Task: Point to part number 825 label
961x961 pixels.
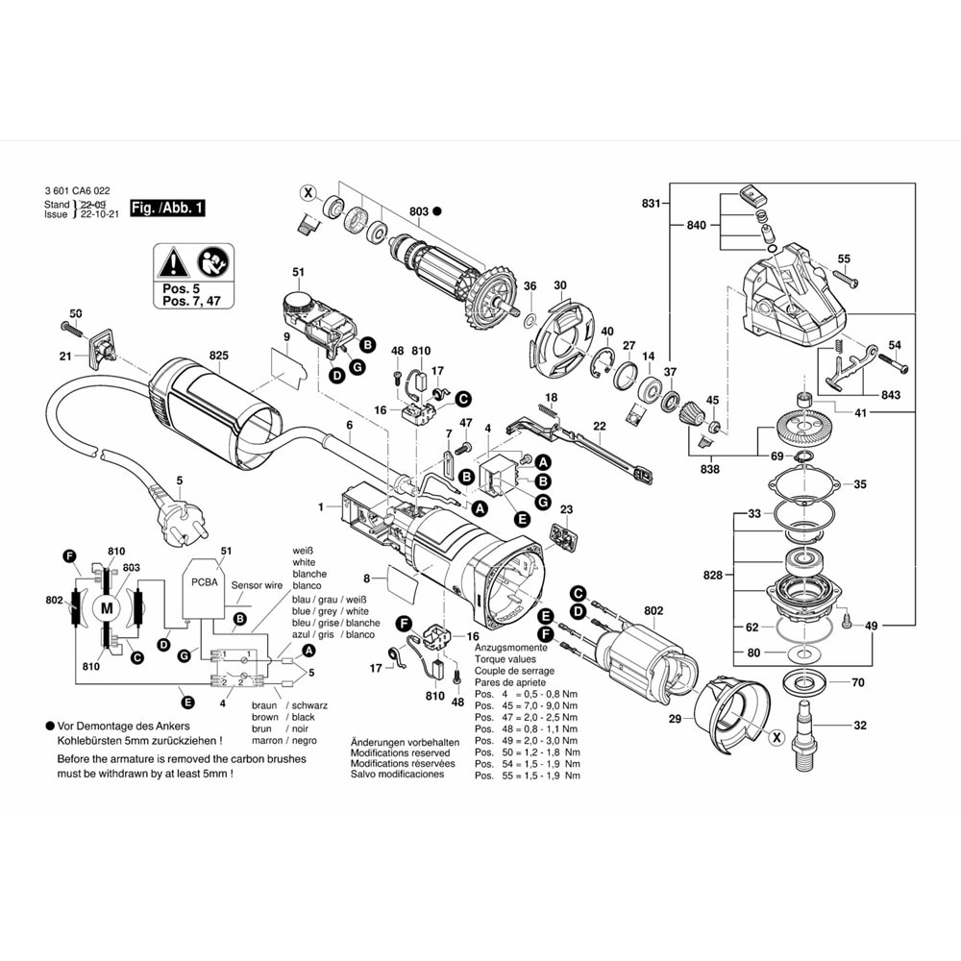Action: [219, 356]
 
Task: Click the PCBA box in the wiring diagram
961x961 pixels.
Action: [204, 582]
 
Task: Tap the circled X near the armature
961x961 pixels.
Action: [308, 192]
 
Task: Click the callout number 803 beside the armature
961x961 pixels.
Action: [418, 210]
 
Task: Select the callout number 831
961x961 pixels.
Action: [652, 204]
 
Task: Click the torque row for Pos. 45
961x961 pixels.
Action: [527, 705]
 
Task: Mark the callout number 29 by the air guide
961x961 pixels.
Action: [675, 718]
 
